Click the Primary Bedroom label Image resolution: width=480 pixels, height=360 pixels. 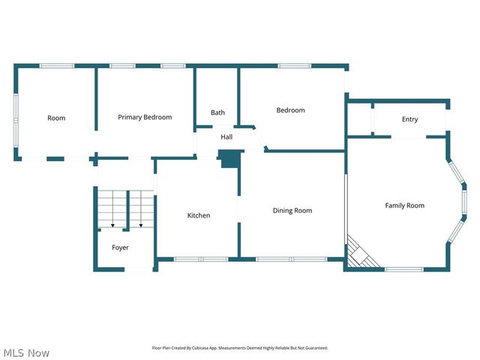(145, 117)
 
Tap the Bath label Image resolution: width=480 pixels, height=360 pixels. (217, 112)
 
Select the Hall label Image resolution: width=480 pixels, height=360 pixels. (226, 137)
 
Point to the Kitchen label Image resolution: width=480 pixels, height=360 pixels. (199, 215)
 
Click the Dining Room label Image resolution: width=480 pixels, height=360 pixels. (292, 211)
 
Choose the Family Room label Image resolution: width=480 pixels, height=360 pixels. (404, 205)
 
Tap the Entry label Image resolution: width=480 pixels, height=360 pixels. (409, 119)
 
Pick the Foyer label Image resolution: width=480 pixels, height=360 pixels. (120, 247)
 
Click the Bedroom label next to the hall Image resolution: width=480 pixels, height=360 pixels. (290, 110)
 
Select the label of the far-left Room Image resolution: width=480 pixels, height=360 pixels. (56, 118)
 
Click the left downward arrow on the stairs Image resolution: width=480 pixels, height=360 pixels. (112, 223)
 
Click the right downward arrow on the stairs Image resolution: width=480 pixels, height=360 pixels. (140, 223)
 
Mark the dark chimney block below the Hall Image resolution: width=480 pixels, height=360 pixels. (229, 159)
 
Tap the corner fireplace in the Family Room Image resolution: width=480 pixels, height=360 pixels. (358, 253)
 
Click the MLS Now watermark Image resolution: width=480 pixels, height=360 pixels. (27, 352)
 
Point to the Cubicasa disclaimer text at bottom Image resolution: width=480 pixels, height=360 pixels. (240, 348)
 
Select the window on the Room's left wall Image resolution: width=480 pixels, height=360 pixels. (16, 118)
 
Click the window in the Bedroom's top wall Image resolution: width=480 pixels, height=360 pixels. (295, 66)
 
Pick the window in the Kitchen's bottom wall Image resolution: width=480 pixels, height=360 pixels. (200, 259)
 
